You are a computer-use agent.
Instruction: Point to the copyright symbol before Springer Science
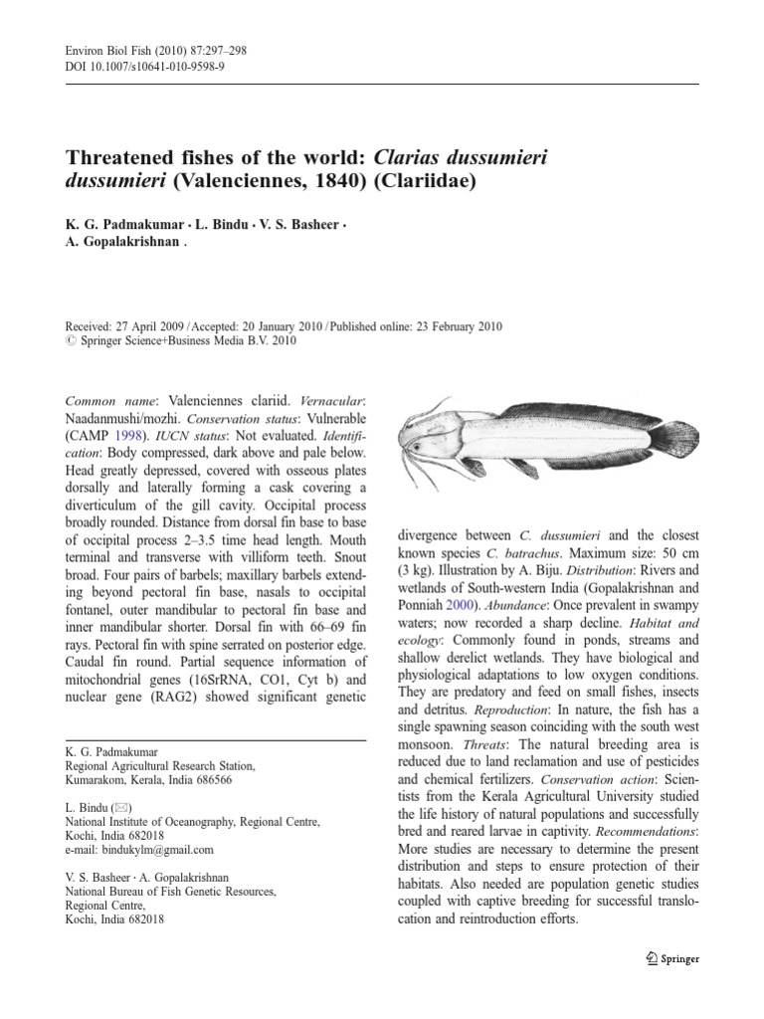coord(69,339)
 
